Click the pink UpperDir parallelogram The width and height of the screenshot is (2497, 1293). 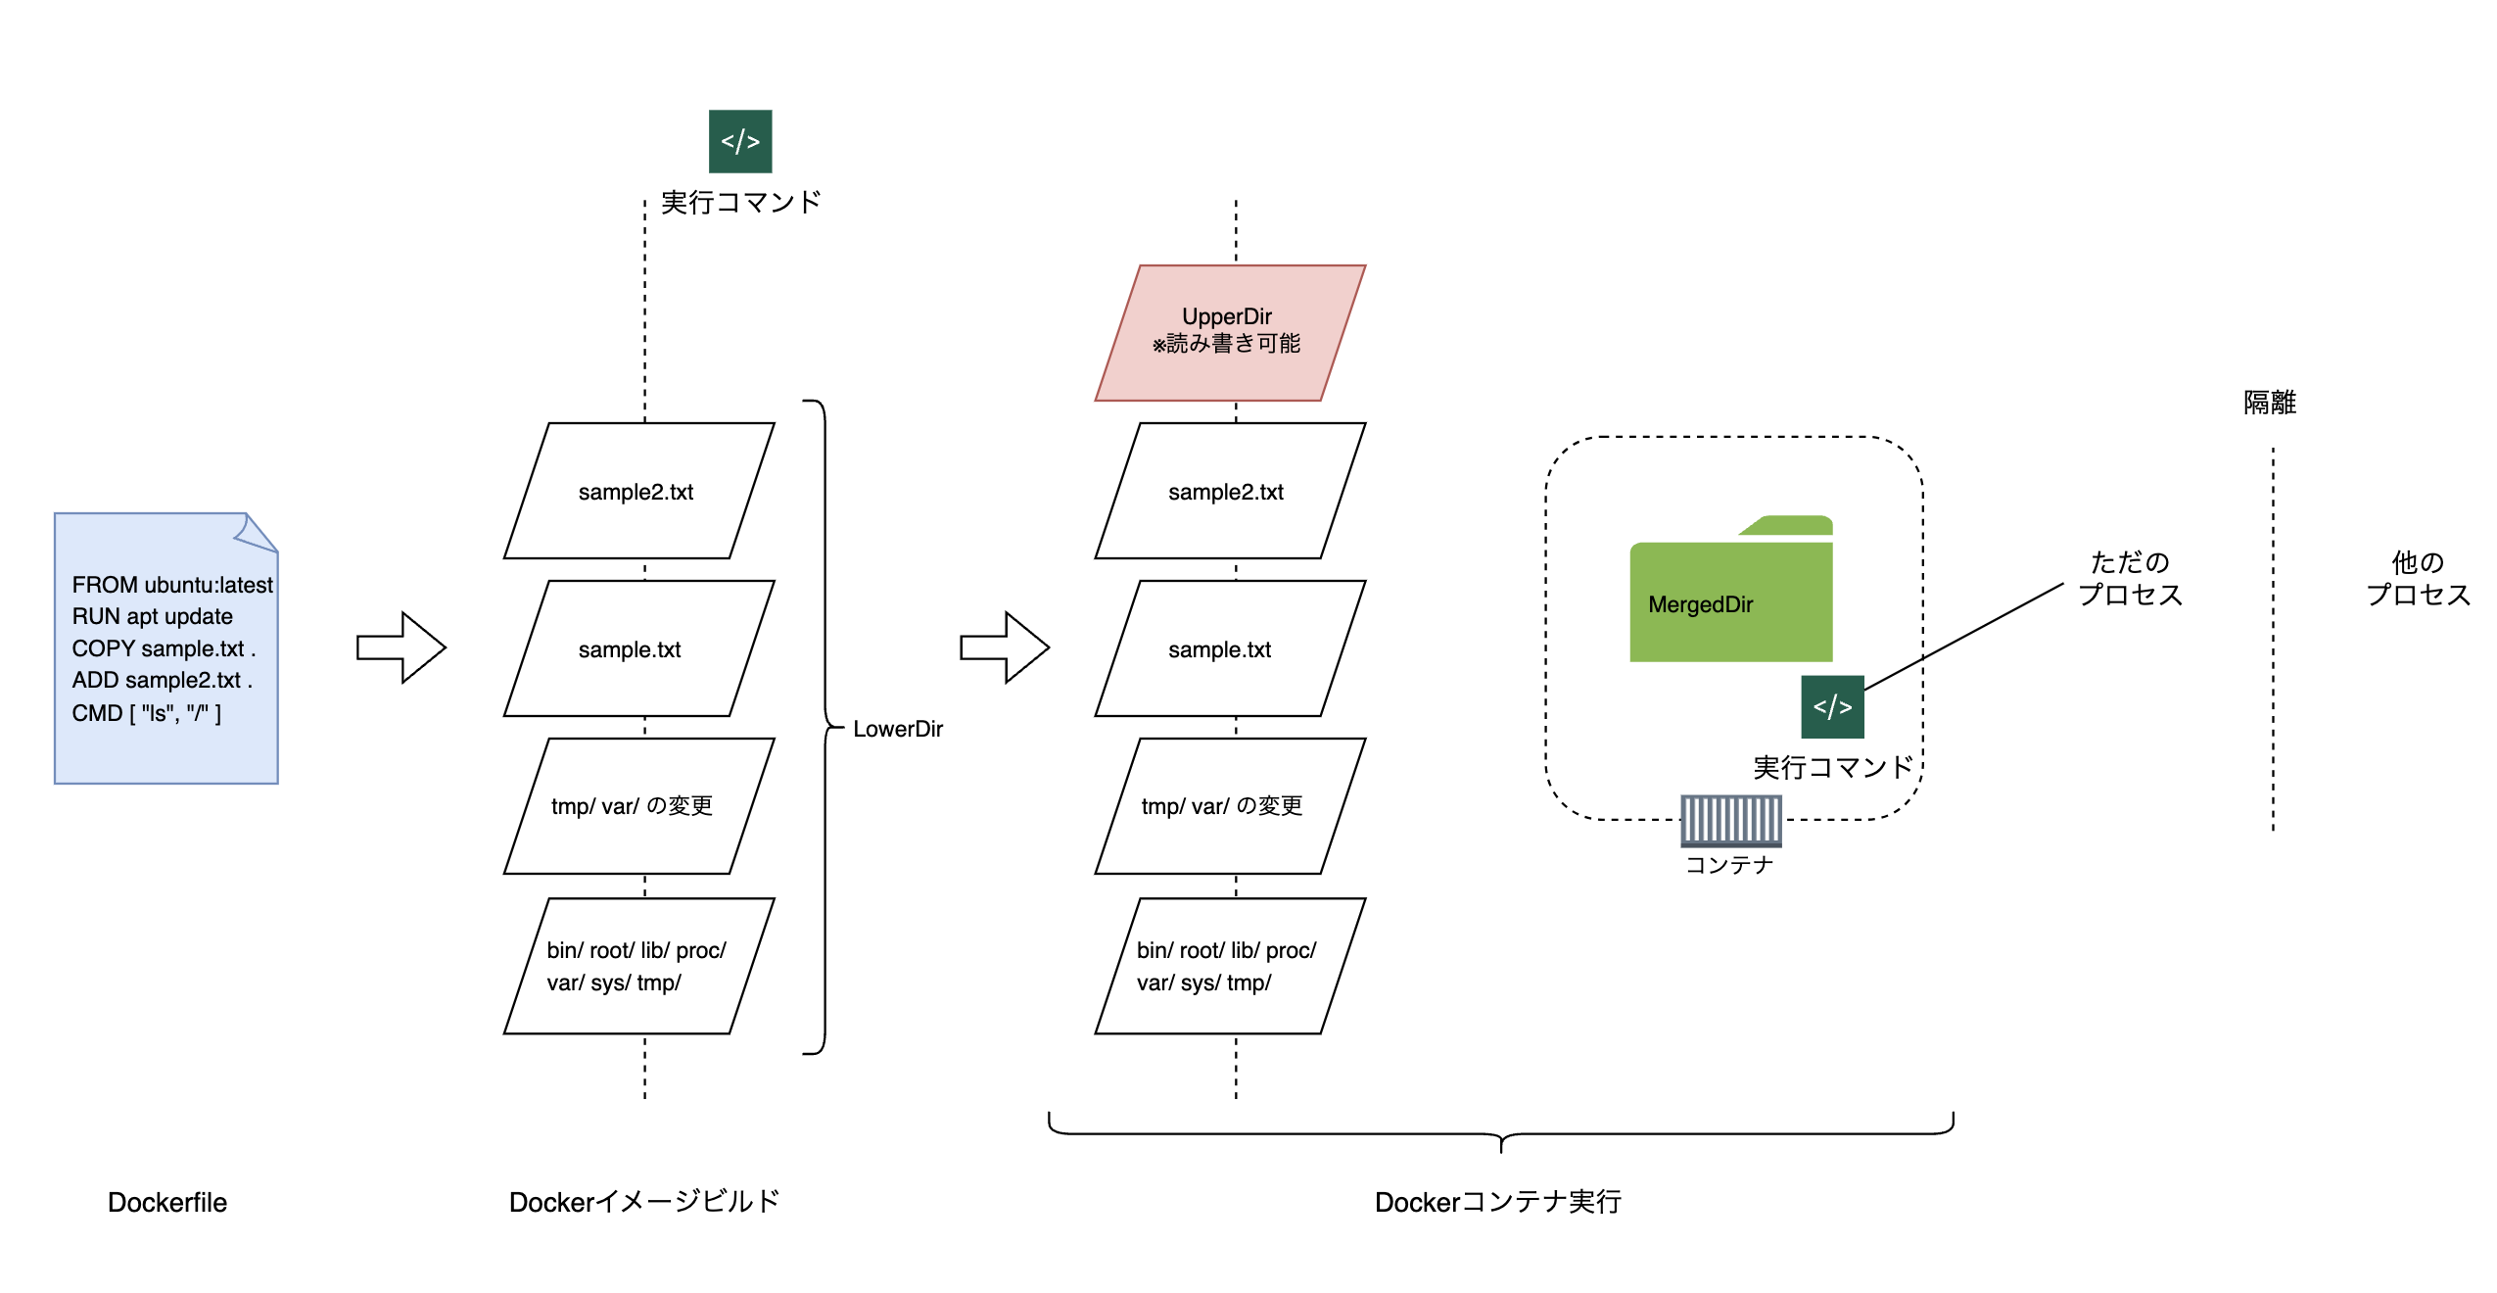click(1229, 332)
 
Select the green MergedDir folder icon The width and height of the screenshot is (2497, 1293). click(1729, 594)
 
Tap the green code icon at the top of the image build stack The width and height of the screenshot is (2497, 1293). click(740, 141)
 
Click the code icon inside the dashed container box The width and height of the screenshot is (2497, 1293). click(1831, 706)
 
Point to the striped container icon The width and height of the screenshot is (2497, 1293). click(1730, 820)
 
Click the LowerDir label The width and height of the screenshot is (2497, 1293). click(897, 729)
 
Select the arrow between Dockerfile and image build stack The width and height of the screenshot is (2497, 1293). click(401, 647)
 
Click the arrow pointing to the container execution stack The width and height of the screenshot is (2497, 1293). click(1005, 647)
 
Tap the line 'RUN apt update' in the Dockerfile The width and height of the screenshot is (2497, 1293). click(152, 616)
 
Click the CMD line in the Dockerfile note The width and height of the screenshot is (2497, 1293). click(146, 713)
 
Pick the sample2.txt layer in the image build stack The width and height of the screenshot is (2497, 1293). click(638, 491)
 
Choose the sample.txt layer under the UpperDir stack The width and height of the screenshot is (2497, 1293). click(1229, 648)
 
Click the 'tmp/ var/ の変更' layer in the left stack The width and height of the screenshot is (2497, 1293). click(638, 805)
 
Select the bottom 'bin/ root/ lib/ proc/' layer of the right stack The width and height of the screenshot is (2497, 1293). click(1229, 966)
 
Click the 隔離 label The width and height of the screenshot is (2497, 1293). click(2269, 403)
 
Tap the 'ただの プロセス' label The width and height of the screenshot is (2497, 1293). click(2130, 578)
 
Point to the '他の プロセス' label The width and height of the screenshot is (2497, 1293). click(2417, 578)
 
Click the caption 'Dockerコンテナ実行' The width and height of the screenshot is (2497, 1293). click(1497, 1202)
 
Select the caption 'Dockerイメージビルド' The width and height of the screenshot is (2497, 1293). click(643, 1202)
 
